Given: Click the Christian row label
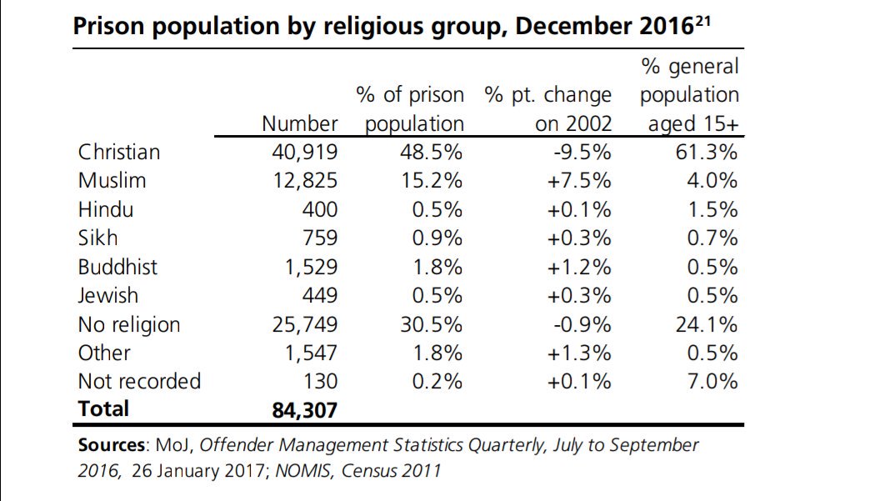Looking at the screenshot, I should (x=118, y=153).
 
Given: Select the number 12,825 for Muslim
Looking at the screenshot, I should (x=305, y=181).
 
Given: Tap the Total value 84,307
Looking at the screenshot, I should (x=305, y=409).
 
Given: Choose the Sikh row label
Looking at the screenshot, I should (x=97, y=238).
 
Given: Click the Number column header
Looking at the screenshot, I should (x=299, y=124).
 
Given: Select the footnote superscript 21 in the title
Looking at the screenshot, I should (x=702, y=19).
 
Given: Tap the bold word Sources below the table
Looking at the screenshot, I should (x=111, y=445).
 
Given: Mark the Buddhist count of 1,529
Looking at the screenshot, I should (x=305, y=267).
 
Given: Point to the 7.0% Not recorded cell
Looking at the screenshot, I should (x=713, y=382).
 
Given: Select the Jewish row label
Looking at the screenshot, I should (x=108, y=296).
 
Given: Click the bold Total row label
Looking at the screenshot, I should (x=103, y=409).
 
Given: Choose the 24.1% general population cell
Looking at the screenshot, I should (x=707, y=324).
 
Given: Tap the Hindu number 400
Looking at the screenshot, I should (x=320, y=210).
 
